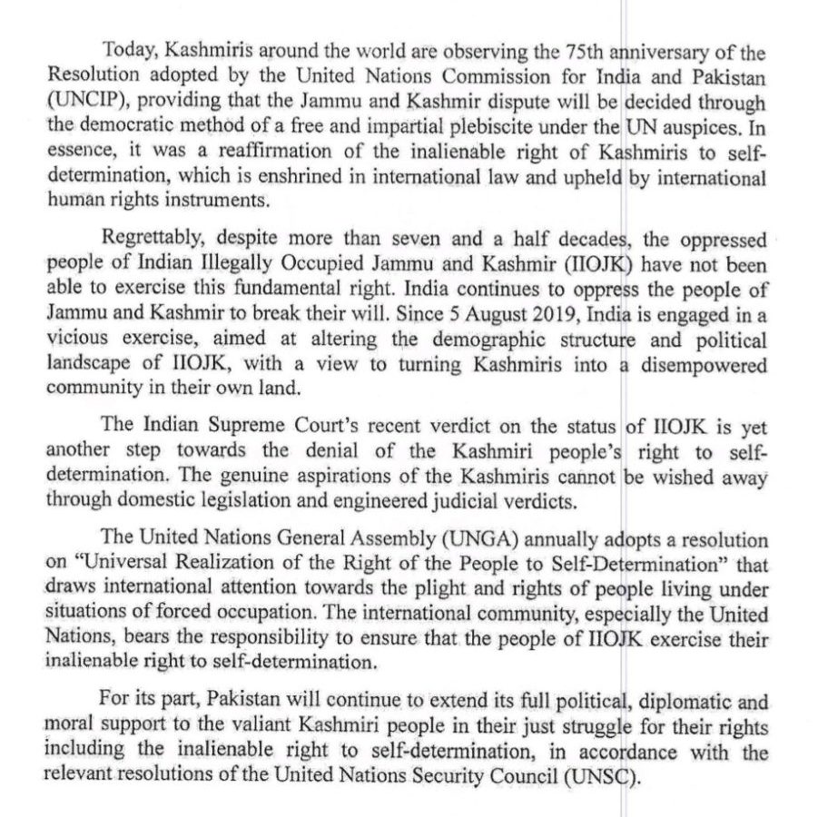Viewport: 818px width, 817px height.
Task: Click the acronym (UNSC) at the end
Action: point(607,776)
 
